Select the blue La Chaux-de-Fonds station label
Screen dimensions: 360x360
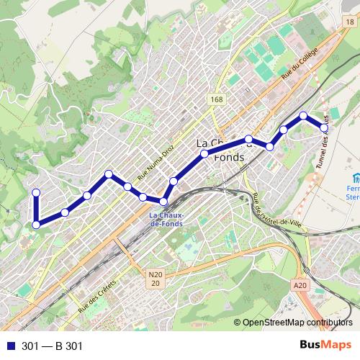click(166, 220)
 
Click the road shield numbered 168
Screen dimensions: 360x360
click(217, 99)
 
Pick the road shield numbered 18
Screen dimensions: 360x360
click(350, 23)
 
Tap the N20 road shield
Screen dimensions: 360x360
click(156, 278)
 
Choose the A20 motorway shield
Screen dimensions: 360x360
click(300, 286)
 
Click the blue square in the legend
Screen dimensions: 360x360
click(10, 346)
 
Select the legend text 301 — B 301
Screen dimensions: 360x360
click(53, 346)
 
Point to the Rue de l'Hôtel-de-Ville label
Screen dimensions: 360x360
click(278, 214)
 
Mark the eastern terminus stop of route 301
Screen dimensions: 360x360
click(325, 127)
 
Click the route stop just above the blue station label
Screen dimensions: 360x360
click(164, 202)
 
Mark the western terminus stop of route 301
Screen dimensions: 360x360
click(36, 192)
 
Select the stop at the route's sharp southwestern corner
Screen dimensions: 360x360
click(36, 225)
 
